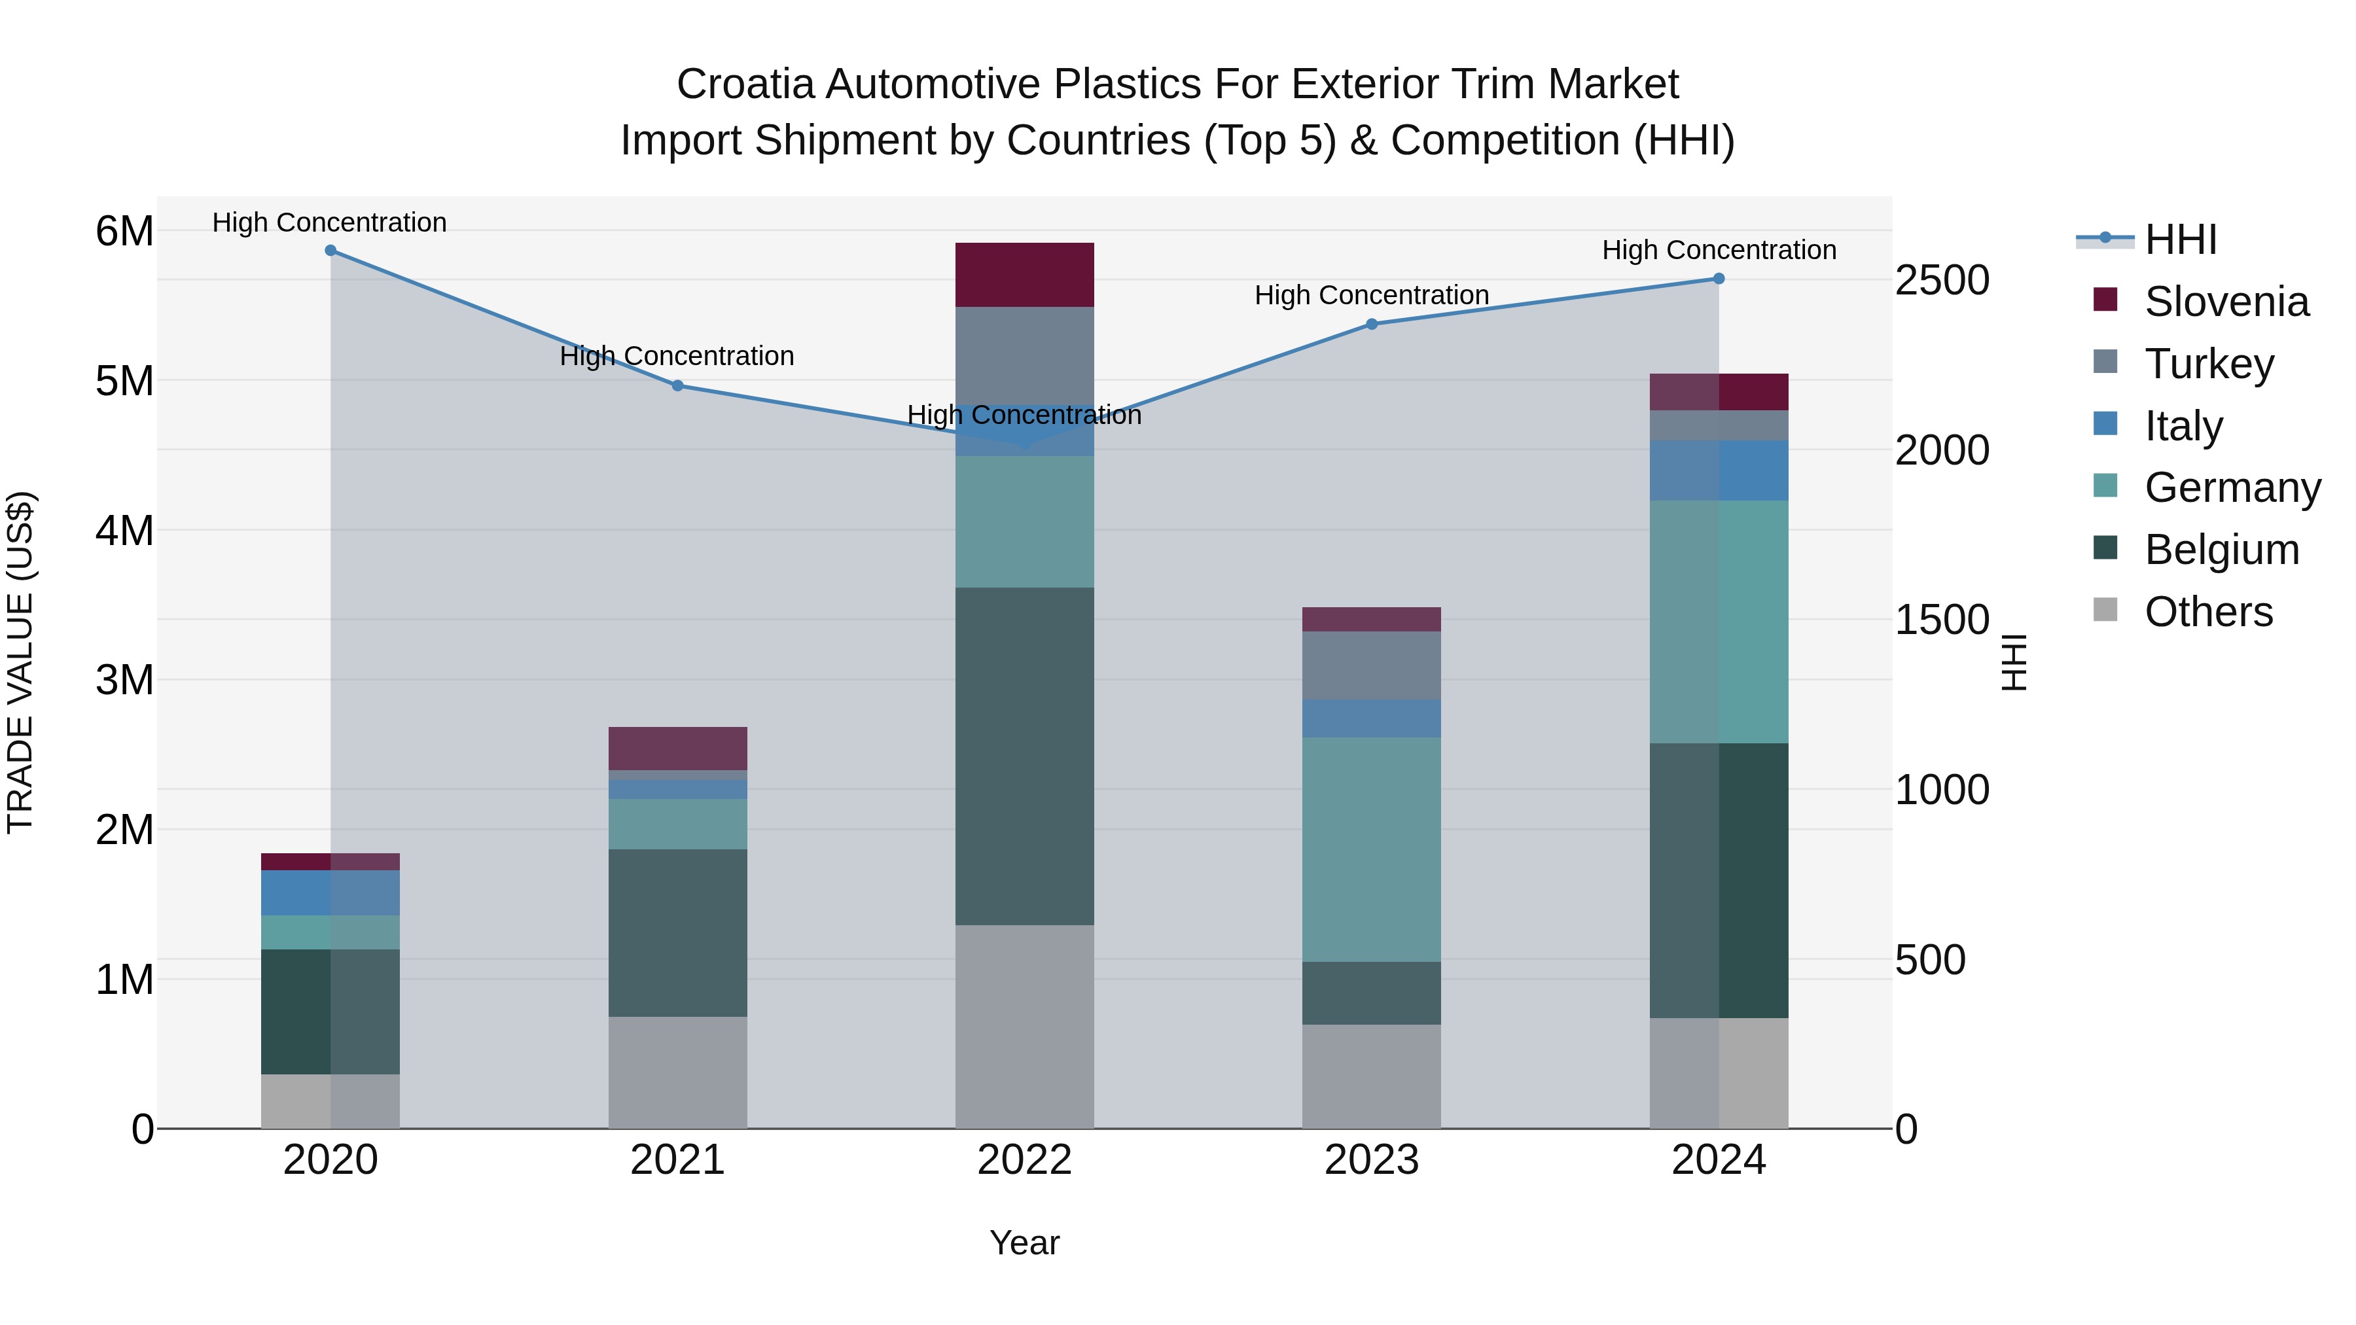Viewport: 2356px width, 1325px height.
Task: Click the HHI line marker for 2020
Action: [x=330, y=251]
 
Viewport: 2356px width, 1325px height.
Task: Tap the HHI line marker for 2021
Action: [x=678, y=386]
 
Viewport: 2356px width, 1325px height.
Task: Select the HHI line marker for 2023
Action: [x=1372, y=324]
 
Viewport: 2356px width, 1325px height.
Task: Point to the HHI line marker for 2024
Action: [x=1719, y=279]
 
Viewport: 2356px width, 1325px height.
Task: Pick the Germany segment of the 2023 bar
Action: [x=1372, y=849]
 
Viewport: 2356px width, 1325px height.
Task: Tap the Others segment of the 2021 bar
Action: [x=678, y=1072]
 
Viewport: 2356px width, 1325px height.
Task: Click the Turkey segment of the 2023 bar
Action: [x=1372, y=665]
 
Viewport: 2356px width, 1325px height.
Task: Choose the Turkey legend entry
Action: [x=2208, y=364]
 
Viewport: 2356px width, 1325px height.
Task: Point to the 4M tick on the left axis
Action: [x=124, y=531]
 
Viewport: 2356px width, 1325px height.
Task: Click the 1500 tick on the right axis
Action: [x=1942, y=620]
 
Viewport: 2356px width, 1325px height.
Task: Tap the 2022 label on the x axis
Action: [x=1024, y=1160]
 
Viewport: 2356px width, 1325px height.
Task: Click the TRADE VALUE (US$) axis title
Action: [x=20, y=662]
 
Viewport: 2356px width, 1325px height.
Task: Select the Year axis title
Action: [x=1024, y=1243]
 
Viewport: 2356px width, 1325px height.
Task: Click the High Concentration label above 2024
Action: [x=1719, y=250]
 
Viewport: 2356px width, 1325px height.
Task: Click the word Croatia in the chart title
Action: [x=745, y=84]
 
